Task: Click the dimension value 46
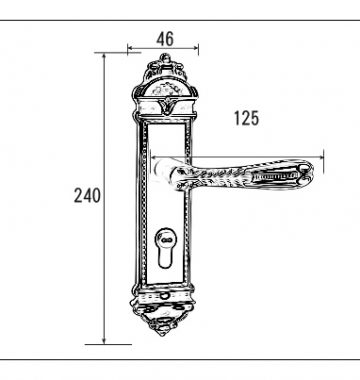(x=165, y=39)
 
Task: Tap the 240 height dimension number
(x=87, y=195)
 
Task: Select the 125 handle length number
(x=246, y=118)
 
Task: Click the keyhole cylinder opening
(x=165, y=248)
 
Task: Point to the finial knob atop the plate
(x=165, y=59)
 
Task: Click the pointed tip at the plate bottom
(x=162, y=334)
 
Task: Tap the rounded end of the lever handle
(x=306, y=172)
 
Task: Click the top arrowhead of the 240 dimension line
(x=104, y=56)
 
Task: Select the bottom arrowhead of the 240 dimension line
(x=104, y=341)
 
